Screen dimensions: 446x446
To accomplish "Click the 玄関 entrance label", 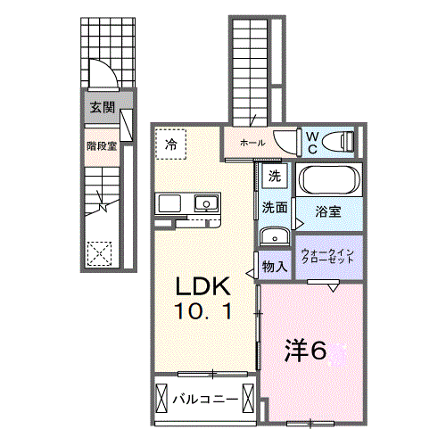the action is click(x=103, y=107).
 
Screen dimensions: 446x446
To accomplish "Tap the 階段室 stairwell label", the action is click(x=102, y=146).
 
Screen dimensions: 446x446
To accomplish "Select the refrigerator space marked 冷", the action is click(x=171, y=145).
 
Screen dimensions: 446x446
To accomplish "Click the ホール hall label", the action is click(x=252, y=143).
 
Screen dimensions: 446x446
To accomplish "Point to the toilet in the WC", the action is click(x=339, y=143).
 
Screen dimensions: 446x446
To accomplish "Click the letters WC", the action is click(x=312, y=143).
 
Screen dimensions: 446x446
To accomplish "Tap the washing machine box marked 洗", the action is click(x=275, y=176).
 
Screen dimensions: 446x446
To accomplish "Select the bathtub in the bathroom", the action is click(x=329, y=179).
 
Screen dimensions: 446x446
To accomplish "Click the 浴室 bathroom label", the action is click(x=328, y=211).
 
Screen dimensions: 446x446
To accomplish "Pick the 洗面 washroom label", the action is click(x=275, y=208).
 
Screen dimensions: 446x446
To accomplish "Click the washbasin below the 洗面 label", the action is click(x=275, y=236).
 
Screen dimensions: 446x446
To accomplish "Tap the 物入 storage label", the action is click(x=275, y=267).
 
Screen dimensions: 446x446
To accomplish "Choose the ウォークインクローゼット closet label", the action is click(x=327, y=256).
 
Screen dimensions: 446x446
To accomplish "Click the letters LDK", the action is click(x=203, y=286).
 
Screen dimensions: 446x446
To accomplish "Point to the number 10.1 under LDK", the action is click(x=203, y=311).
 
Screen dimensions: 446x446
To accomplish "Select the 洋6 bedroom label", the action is click(x=305, y=351).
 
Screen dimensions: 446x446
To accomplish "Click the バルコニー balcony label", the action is click(x=206, y=399).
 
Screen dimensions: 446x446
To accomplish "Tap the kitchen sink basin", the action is click(x=206, y=203).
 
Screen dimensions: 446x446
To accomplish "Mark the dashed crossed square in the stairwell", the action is click(x=99, y=253).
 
